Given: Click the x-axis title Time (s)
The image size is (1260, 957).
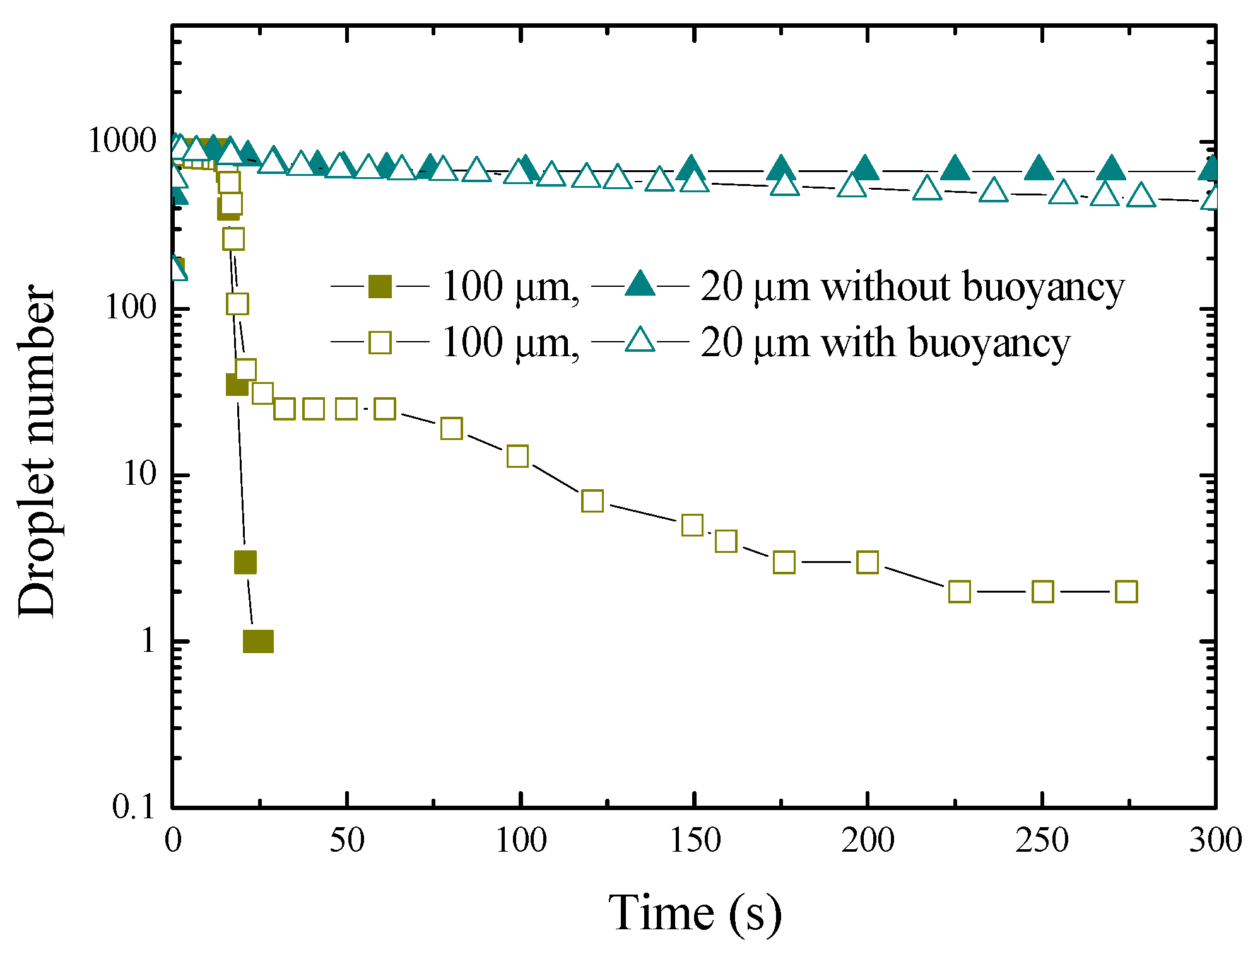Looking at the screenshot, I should coord(694,913).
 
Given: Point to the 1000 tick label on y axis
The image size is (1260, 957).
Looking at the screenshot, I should coord(122,141).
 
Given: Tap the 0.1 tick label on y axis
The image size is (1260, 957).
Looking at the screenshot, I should coord(133,806).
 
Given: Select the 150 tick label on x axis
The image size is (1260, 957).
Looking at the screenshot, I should coord(694,841).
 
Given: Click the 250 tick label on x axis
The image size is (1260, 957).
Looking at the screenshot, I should coord(1042,841).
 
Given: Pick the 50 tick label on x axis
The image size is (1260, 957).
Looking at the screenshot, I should coord(346,841).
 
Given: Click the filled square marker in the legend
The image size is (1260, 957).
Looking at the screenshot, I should coord(380,287).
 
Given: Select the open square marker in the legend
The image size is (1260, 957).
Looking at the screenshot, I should coord(380,342).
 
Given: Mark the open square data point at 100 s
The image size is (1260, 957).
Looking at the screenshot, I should coord(517,456).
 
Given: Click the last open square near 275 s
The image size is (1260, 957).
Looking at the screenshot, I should coord(1126,592).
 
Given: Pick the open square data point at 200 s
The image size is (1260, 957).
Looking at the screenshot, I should coord(868,562).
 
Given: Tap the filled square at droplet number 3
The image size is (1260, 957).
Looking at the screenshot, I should coord(245,562).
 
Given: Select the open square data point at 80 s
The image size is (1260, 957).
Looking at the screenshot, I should coord(451,429).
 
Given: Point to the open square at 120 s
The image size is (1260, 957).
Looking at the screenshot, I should coord(592,501).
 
